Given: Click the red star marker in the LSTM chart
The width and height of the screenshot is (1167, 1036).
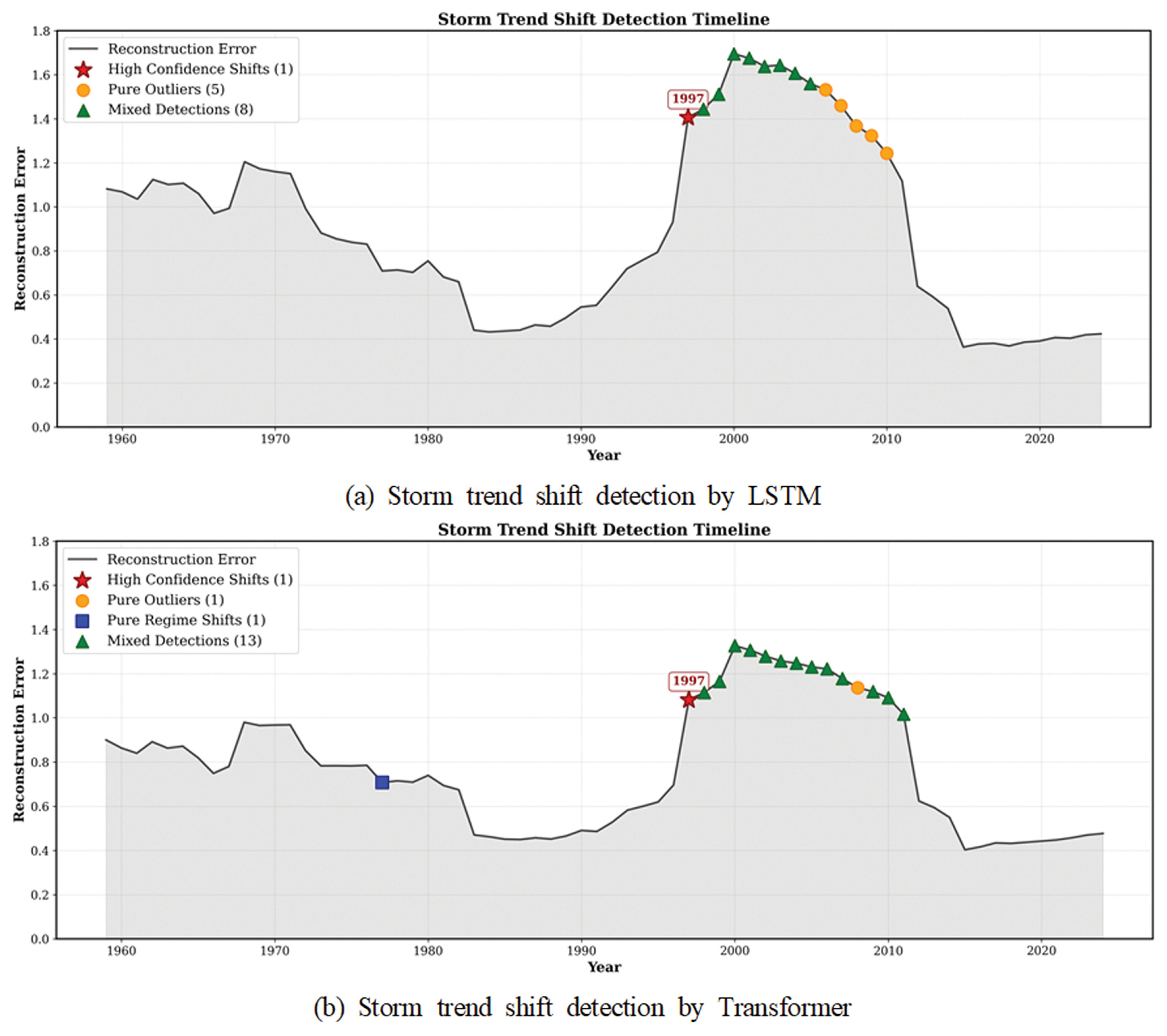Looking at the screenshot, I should pos(688,118).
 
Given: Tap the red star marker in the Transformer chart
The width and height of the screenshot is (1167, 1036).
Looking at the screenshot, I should pos(688,700).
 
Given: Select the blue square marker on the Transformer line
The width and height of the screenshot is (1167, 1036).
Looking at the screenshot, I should pos(382,782).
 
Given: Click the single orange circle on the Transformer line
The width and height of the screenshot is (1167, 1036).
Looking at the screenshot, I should pos(857,688).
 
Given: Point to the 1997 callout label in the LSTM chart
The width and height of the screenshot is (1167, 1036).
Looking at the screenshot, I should pos(688,98).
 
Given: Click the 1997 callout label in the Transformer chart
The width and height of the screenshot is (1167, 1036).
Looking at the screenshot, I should pos(688,680).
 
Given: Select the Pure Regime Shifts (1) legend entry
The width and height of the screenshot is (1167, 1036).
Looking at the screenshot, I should pos(186,620).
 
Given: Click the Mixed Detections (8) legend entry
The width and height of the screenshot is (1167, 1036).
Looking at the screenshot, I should pos(180,109).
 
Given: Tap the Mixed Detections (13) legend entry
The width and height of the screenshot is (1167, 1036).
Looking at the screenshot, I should pos(184,640).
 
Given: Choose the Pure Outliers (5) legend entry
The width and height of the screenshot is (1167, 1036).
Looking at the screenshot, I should pos(166,89).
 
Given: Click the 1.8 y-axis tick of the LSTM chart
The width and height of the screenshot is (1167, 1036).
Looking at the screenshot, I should pos(41,31).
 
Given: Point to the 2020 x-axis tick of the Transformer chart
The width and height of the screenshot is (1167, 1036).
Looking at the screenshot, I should pos(1041,950).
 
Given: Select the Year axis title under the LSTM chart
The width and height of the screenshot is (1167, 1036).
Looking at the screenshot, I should pos(603,455).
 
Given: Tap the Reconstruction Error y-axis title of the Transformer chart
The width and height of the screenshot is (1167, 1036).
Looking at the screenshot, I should pos(19,740).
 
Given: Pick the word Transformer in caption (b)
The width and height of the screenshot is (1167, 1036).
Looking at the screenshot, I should pos(784,1007).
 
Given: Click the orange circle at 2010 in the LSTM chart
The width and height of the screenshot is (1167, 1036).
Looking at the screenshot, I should pos(886,153).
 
